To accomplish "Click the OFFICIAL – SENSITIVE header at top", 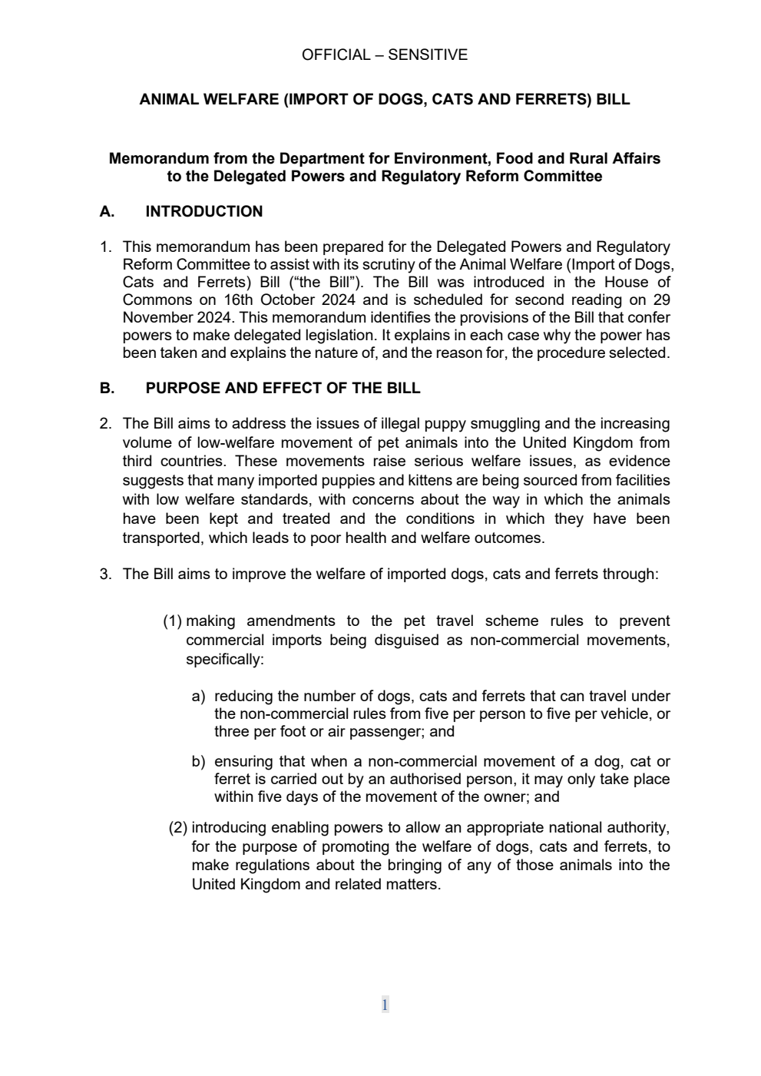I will point(384,55).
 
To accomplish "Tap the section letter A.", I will point(107,212).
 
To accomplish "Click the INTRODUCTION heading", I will point(203,212).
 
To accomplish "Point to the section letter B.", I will point(107,389).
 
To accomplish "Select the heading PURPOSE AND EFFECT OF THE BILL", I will point(283,389).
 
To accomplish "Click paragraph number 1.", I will point(106,247).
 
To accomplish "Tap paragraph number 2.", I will point(106,424).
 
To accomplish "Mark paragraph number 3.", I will point(106,574).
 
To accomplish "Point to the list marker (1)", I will point(172,621).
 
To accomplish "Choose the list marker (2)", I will point(178,828).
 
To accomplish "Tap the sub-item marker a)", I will point(198,697).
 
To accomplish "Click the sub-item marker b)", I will point(198,762).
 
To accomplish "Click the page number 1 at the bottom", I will point(385,1005).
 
